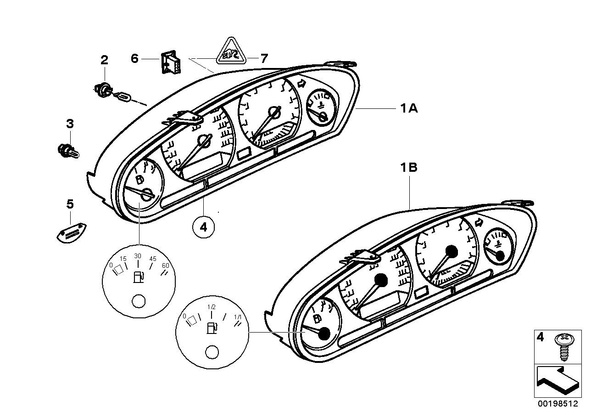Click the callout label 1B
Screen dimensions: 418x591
[x=407, y=168]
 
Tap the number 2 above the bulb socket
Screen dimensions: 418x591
[x=105, y=59]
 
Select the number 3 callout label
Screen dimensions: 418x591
[x=70, y=124]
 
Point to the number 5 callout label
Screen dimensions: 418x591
[x=70, y=204]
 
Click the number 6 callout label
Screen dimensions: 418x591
[x=134, y=59]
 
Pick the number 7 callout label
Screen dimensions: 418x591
[x=264, y=58]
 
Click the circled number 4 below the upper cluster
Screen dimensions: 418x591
[x=204, y=227]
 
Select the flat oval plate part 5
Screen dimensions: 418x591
[x=72, y=233]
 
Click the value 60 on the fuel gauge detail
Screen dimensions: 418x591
[x=166, y=265]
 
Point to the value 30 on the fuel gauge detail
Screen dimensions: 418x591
[x=138, y=256]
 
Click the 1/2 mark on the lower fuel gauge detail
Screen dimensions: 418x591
[x=211, y=307]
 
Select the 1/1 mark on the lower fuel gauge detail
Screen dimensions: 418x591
[x=238, y=317]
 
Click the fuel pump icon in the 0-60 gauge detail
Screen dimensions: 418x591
[x=138, y=277]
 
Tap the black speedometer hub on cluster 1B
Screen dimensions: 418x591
[x=381, y=280]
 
